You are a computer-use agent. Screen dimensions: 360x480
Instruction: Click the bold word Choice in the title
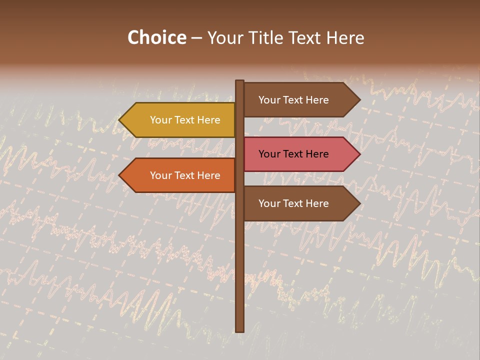click(x=156, y=38)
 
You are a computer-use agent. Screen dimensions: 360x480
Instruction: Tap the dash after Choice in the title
click(x=196, y=38)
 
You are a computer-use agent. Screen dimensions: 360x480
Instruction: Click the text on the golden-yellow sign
click(x=185, y=120)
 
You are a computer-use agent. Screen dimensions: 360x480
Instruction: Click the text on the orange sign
click(x=185, y=175)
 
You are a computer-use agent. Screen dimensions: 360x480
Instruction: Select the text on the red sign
click(x=293, y=154)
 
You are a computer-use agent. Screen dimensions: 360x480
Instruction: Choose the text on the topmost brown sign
click(x=293, y=100)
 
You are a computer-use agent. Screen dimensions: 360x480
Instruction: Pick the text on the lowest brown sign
click(x=293, y=203)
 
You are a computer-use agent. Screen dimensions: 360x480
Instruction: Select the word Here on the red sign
click(x=317, y=154)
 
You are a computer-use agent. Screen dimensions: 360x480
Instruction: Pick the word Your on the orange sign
click(x=160, y=175)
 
